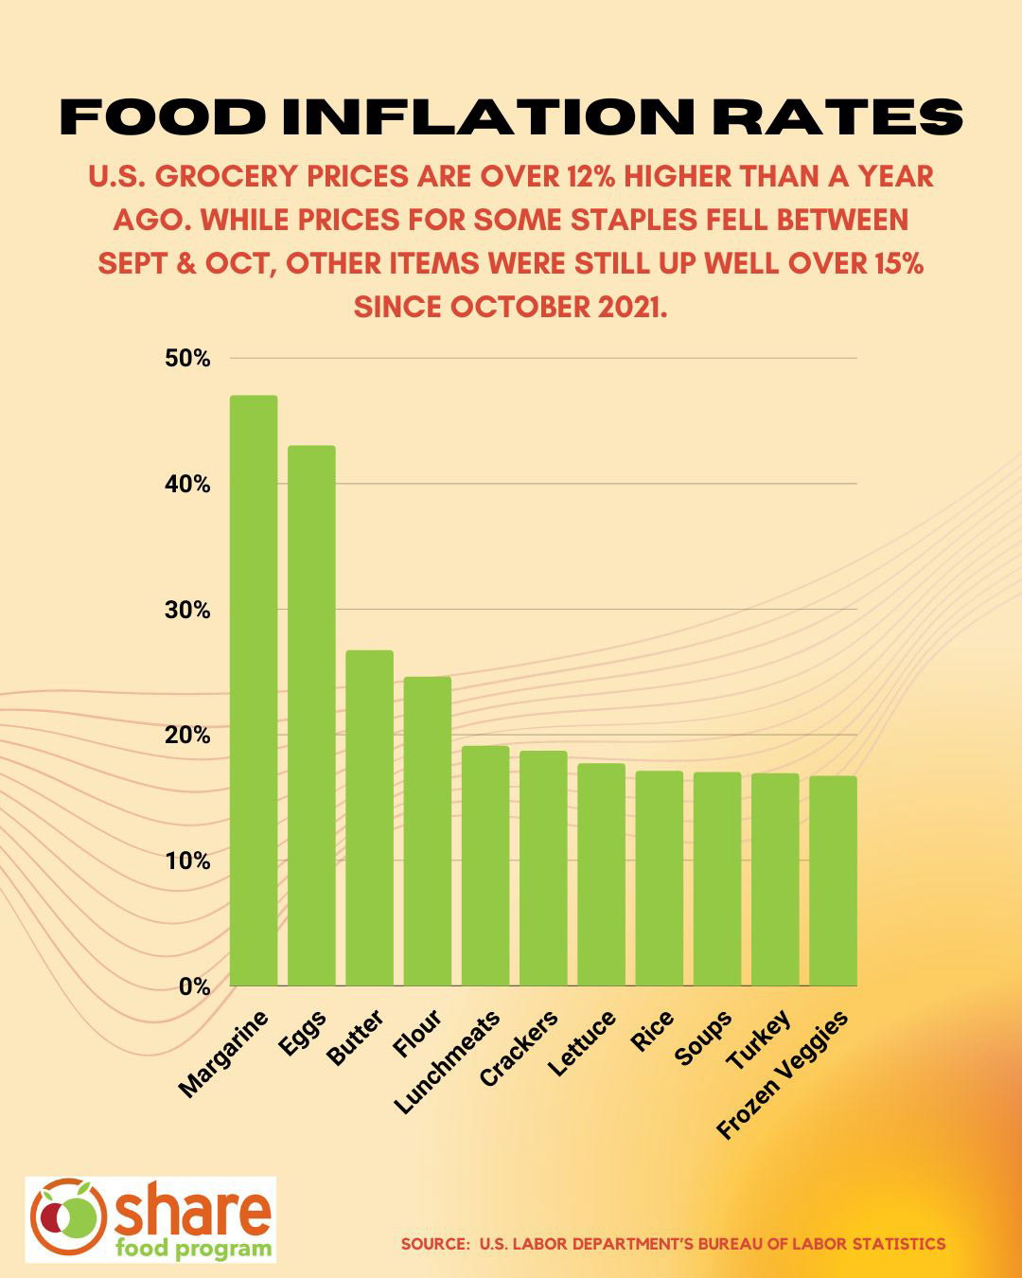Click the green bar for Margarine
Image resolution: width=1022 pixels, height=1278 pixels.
pyautogui.click(x=253, y=691)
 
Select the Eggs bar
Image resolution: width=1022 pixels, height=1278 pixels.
pyautogui.click(x=311, y=716)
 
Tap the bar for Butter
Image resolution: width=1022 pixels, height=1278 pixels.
pyautogui.click(x=369, y=818)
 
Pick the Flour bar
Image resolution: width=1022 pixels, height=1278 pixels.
pyautogui.click(x=427, y=831)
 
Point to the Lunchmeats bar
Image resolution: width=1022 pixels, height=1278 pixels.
pyautogui.click(x=485, y=866)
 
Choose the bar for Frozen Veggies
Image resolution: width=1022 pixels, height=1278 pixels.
pyautogui.click(x=833, y=880)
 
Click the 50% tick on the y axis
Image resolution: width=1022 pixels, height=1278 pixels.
pyautogui.click(x=187, y=359)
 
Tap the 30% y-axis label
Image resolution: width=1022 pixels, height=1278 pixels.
pyautogui.click(x=187, y=610)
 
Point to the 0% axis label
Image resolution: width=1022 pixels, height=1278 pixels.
pyautogui.click(x=194, y=986)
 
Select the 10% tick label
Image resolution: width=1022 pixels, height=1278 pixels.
pyautogui.click(x=187, y=861)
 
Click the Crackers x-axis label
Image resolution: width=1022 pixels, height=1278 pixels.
pyautogui.click(x=519, y=1049)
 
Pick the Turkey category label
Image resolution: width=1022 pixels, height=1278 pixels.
pyautogui.click(x=758, y=1039)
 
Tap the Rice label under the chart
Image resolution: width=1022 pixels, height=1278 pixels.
pyautogui.click(x=653, y=1031)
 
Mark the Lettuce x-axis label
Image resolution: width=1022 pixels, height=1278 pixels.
pyautogui.click(x=583, y=1042)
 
